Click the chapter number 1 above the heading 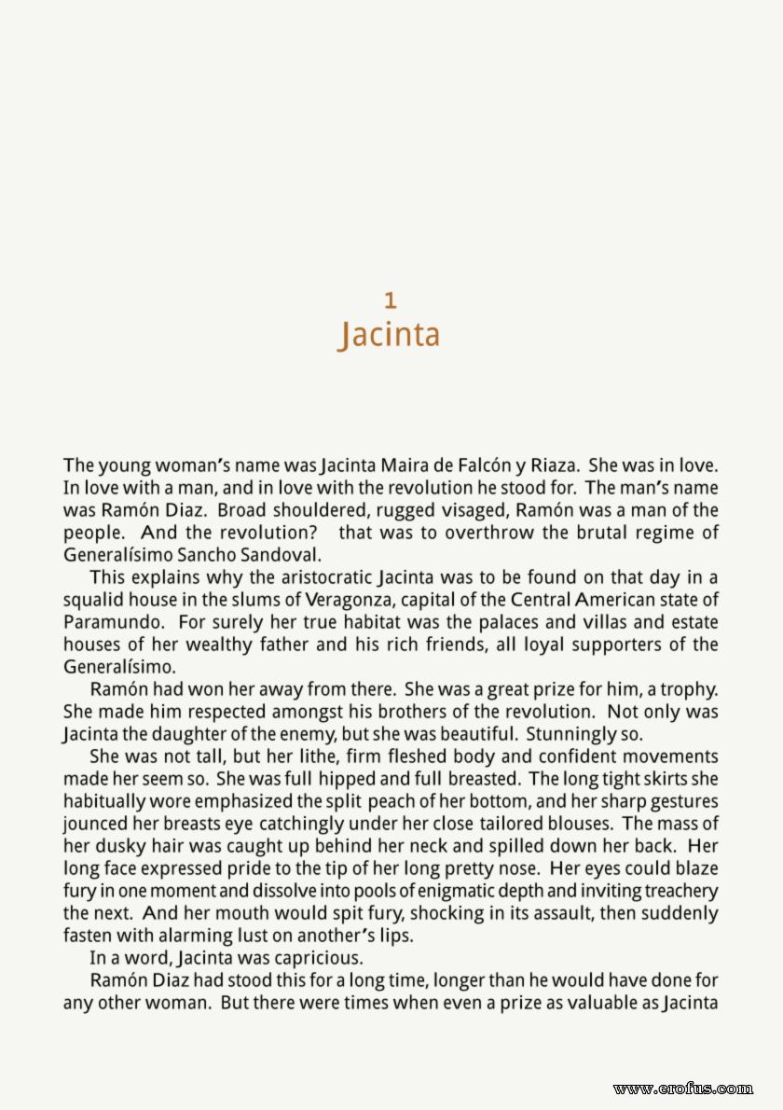(x=391, y=300)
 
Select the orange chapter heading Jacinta (x=389, y=335)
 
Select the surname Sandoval (x=279, y=555)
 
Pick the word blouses (x=578, y=824)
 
